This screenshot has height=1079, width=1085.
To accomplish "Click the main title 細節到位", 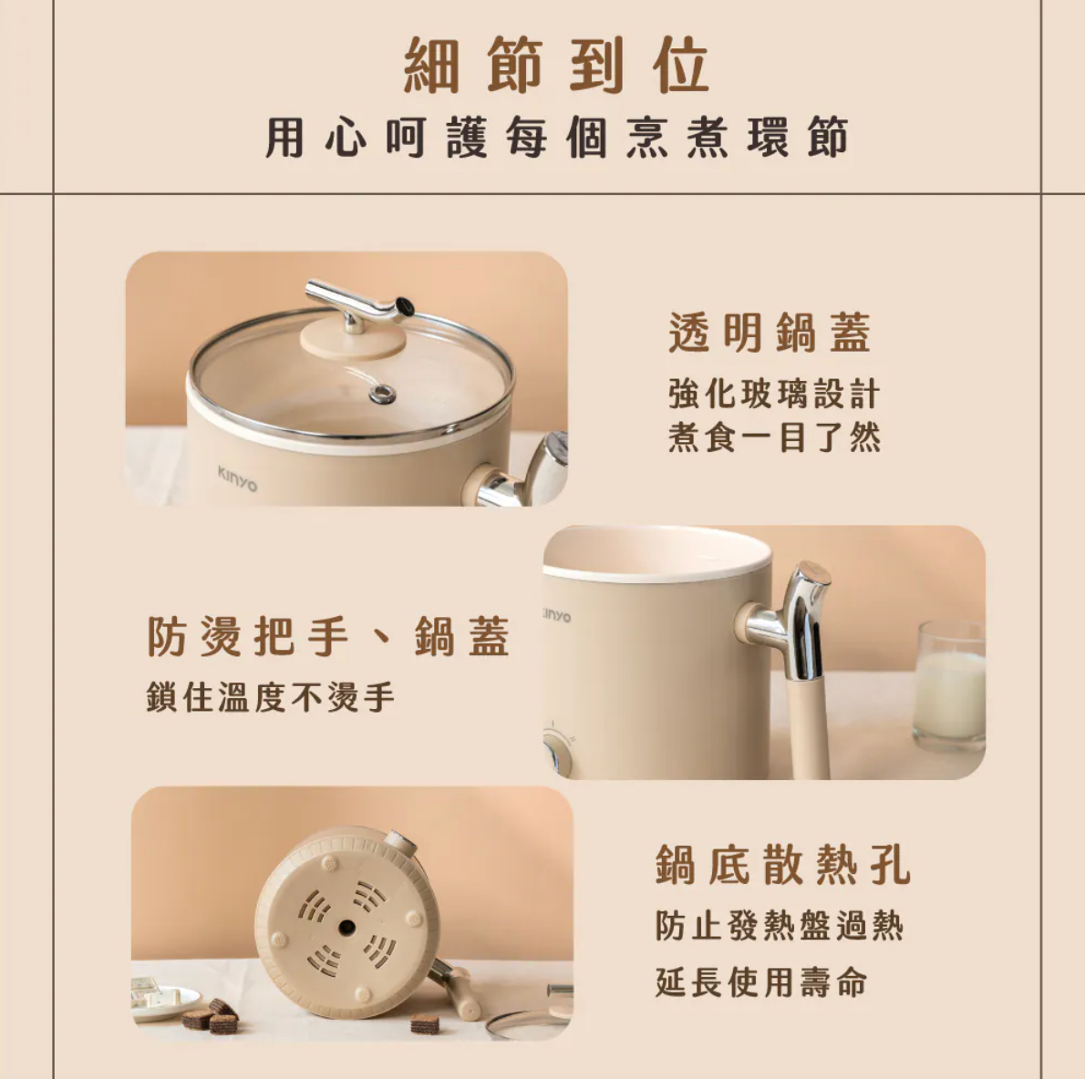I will click(556, 66).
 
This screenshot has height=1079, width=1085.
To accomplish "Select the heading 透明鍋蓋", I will click(770, 333).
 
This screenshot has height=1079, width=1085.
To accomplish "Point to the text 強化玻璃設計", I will click(774, 395).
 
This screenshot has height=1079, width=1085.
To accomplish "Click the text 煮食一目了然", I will click(774, 438).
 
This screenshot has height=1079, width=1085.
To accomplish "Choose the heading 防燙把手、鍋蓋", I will click(328, 636).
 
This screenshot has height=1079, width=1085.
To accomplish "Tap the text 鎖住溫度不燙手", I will click(271, 697).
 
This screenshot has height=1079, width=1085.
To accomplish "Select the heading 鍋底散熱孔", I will click(783, 865).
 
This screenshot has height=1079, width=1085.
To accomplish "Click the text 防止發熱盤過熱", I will click(780, 926).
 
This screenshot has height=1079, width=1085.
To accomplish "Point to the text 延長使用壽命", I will click(761, 982).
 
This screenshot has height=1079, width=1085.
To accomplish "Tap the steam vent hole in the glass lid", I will click(382, 394).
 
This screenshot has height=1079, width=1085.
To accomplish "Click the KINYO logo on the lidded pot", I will click(237, 478).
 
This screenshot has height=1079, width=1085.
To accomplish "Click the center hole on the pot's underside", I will click(346, 928).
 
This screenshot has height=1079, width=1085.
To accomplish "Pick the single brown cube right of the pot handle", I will click(424, 1023).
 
